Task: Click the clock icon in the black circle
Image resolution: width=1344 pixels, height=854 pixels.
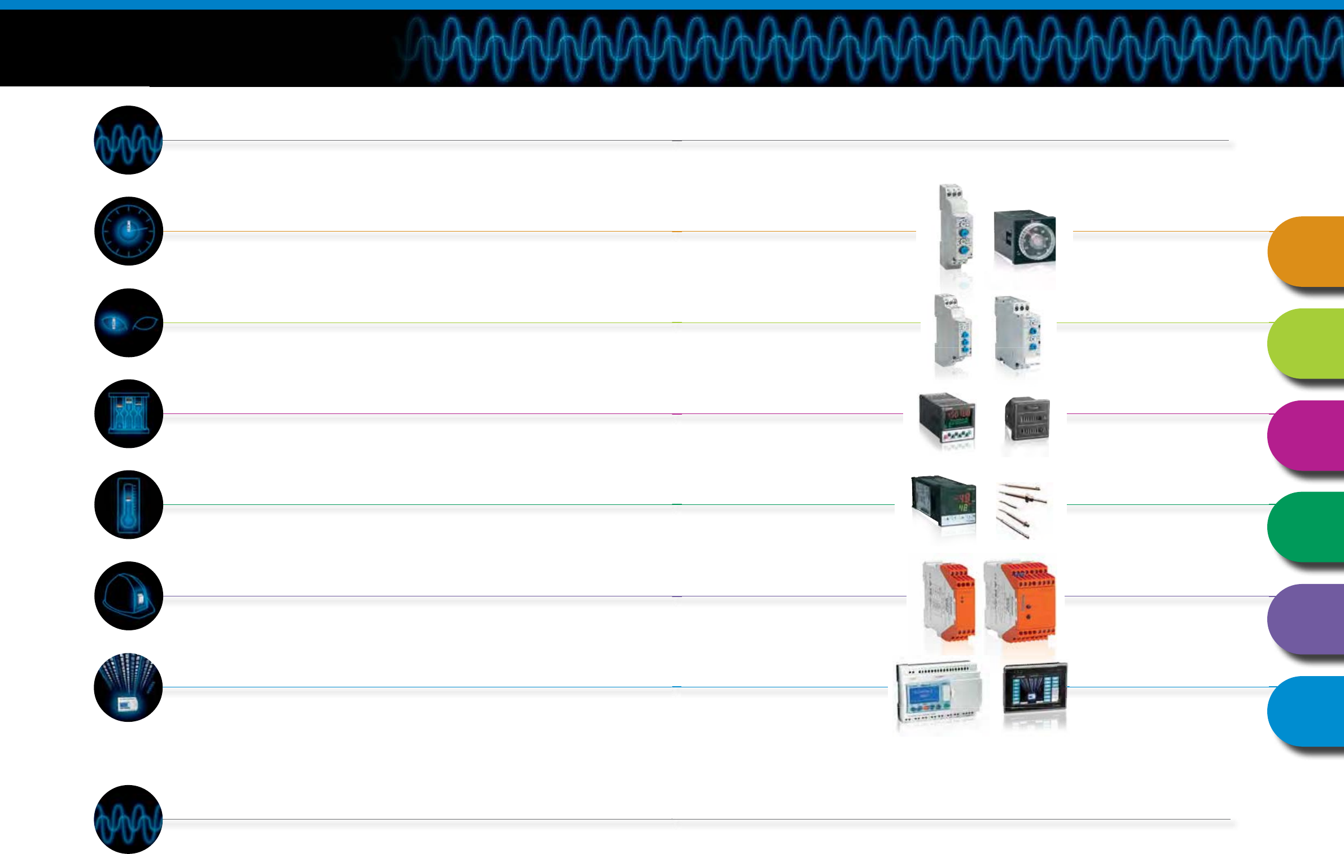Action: coord(129,231)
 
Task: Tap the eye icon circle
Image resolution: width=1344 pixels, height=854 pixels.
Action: coord(129,323)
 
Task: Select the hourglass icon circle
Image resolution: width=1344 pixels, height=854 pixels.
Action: coord(129,414)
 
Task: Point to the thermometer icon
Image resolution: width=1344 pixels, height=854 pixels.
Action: coord(129,505)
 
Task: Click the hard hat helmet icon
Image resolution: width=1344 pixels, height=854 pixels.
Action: coord(129,596)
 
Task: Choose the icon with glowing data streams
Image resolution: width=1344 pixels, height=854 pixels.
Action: coord(129,687)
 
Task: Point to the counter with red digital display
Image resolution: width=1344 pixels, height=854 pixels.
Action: coord(948,419)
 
